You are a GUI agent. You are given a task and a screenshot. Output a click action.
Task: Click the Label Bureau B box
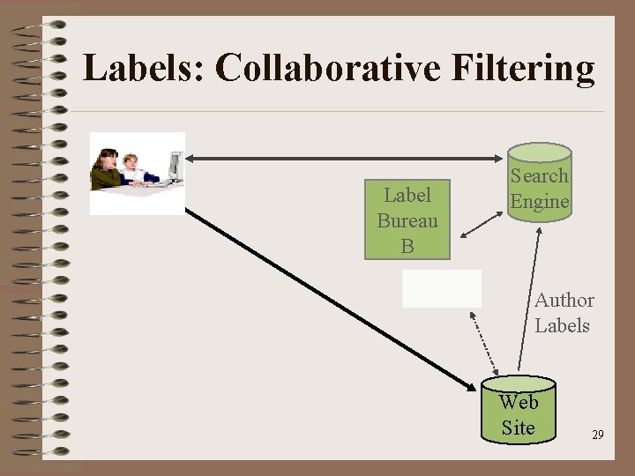[x=407, y=220]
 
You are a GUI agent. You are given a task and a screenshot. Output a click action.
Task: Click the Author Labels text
[x=564, y=313]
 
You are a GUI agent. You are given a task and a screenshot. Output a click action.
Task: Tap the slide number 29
[x=598, y=435]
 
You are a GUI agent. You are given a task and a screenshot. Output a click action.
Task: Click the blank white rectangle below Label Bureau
[x=442, y=288]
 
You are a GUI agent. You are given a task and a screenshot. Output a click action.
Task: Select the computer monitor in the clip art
[x=176, y=164]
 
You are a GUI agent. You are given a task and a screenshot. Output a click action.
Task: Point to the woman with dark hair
[x=108, y=170]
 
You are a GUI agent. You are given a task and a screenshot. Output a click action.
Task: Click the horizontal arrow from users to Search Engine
[x=344, y=158]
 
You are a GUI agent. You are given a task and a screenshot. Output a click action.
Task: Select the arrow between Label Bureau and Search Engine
[x=481, y=224]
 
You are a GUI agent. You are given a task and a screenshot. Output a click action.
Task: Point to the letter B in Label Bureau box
[x=407, y=246]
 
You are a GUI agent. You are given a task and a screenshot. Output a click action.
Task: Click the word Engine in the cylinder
[x=540, y=201]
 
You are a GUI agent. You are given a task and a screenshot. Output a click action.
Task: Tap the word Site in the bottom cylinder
[x=519, y=428]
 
